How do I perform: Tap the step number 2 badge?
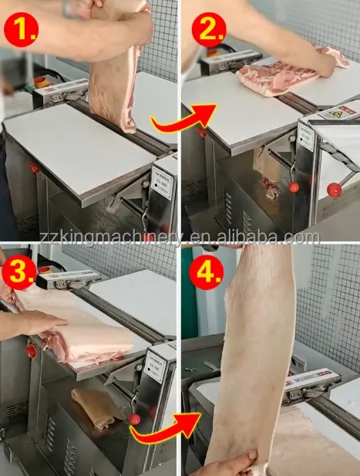[206, 29]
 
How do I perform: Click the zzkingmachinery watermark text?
[180, 238]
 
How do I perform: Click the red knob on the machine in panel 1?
[33, 167]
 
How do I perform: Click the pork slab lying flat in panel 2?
[278, 76]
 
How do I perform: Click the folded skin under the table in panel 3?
[93, 406]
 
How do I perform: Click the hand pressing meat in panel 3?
[35, 322]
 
